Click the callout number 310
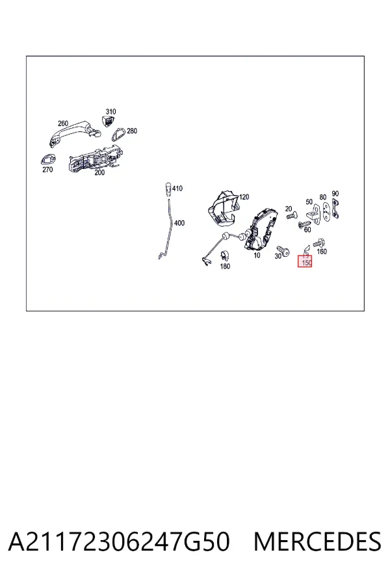pyautogui.click(x=111, y=112)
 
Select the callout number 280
pyautogui.click(x=132, y=131)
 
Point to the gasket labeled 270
pyautogui.click(x=47, y=160)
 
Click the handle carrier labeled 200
pyautogui.click(x=95, y=159)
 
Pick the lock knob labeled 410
pyautogui.click(x=168, y=190)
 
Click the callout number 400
pyautogui.click(x=179, y=223)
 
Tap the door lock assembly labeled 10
pyautogui.click(x=261, y=229)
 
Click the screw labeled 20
pyautogui.click(x=291, y=216)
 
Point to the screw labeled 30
pyautogui.click(x=283, y=251)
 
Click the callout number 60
pyautogui.click(x=307, y=230)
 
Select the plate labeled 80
pyautogui.click(x=326, y=211)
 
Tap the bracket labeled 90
pyautogui.click(x=335, y=208)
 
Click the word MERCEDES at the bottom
pyautogui.click(x=317, y=541)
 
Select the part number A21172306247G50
pyautogui.click(x=119, y=541)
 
